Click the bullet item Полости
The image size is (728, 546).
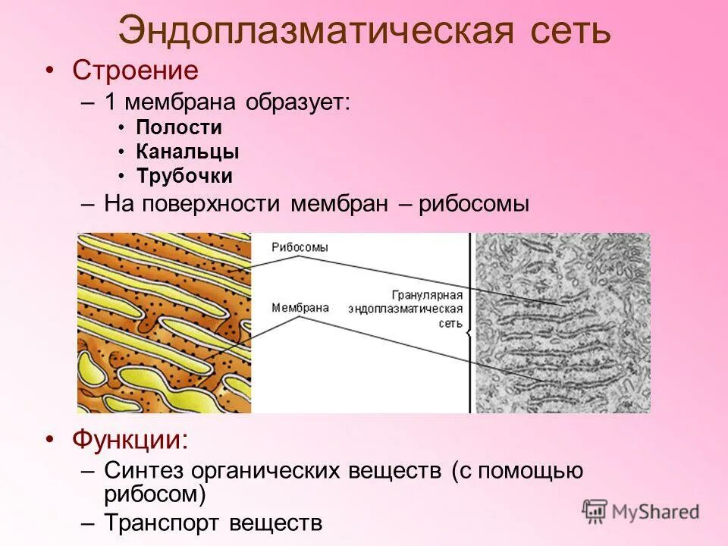pyautogui.click(x=179, y=128)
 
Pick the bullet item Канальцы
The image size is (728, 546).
pyautogui.click(x=187, y=152)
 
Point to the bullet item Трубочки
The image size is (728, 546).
pyautogui.click(x=184, y=177)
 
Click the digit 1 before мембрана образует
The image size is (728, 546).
pyautogui.click(x=111, y=102)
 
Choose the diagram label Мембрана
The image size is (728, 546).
pyautogui.click(x=300, y=308)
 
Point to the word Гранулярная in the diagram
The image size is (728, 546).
pyautogui.click(x=428, y=293)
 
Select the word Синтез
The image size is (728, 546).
pyautogui.click(x=144, y=471)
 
